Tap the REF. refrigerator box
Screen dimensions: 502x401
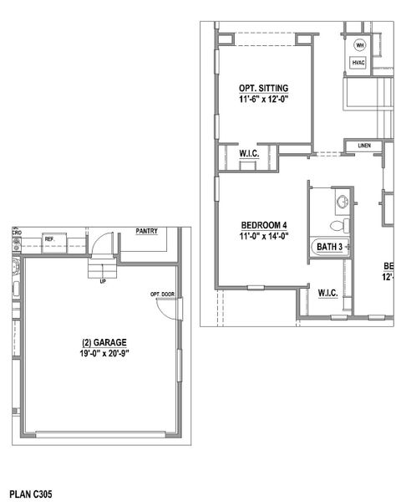pos(49,239)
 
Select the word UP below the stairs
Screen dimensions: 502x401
pos(102,281)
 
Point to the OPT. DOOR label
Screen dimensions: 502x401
pos(162,295)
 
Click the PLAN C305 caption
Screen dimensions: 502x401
pos(31,494)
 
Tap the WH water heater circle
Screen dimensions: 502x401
pos(360,45)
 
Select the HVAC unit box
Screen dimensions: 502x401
pos(359,63)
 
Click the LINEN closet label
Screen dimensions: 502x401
pos(364,146)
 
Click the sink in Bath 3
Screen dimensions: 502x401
pos(343,200)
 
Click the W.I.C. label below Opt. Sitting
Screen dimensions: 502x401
pos(248,154)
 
